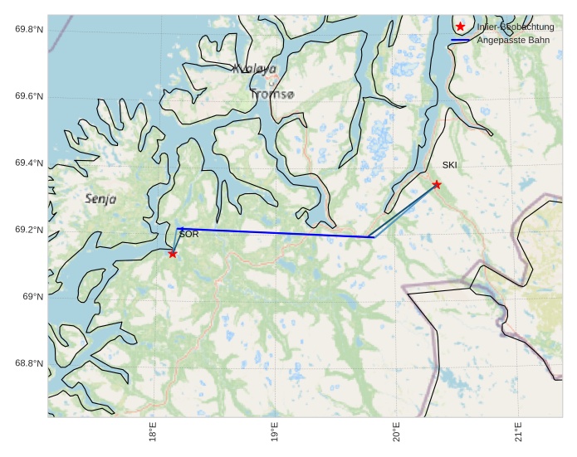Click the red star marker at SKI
point(437,184)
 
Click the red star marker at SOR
point(173,254)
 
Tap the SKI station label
point(449,165)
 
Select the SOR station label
point(188,235)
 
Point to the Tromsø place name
point(271,95)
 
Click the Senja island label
point(100,199)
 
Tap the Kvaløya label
point(255,70)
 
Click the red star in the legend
point(461,27)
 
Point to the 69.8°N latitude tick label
point(28,30)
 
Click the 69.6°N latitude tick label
point(28,96)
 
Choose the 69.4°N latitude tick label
point(28,163)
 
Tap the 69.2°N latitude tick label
point(28,230)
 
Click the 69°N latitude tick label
point(32,297)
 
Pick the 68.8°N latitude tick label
point(28,363)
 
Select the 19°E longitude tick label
point(275,435)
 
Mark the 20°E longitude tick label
point(397,435)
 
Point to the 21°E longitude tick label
point(518,435)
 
